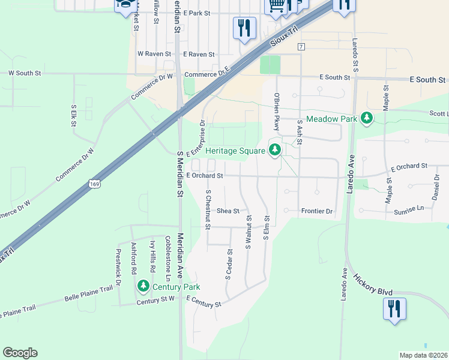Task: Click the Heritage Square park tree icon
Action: pos(275,149)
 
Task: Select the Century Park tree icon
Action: pos(143,286)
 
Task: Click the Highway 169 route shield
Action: pos(93,184)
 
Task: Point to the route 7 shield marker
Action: pos(300,47)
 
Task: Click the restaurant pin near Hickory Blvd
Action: pos(394,310)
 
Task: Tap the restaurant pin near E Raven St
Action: pos(244,28)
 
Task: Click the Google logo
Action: pos(20,353)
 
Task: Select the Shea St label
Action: pos(228,211)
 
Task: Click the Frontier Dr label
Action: pos(316,211)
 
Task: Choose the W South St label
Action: pos(24,73)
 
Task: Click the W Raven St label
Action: pos(151,54)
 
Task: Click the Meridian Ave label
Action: pos(178,247)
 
